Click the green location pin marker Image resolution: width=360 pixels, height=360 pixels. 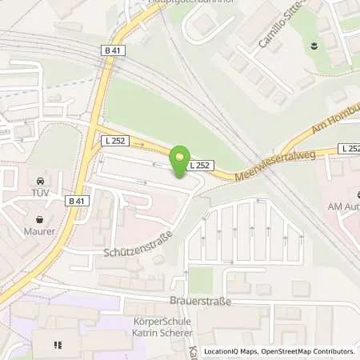pos(181,158)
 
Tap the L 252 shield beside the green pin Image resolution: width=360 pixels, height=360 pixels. pos(200,166)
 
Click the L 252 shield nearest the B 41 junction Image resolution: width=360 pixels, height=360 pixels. pos(114,141)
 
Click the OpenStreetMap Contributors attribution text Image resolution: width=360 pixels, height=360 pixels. pos(313,351)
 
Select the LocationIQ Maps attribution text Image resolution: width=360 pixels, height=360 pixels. pos(232,351)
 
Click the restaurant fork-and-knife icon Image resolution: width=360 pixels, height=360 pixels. pos(58,346)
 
